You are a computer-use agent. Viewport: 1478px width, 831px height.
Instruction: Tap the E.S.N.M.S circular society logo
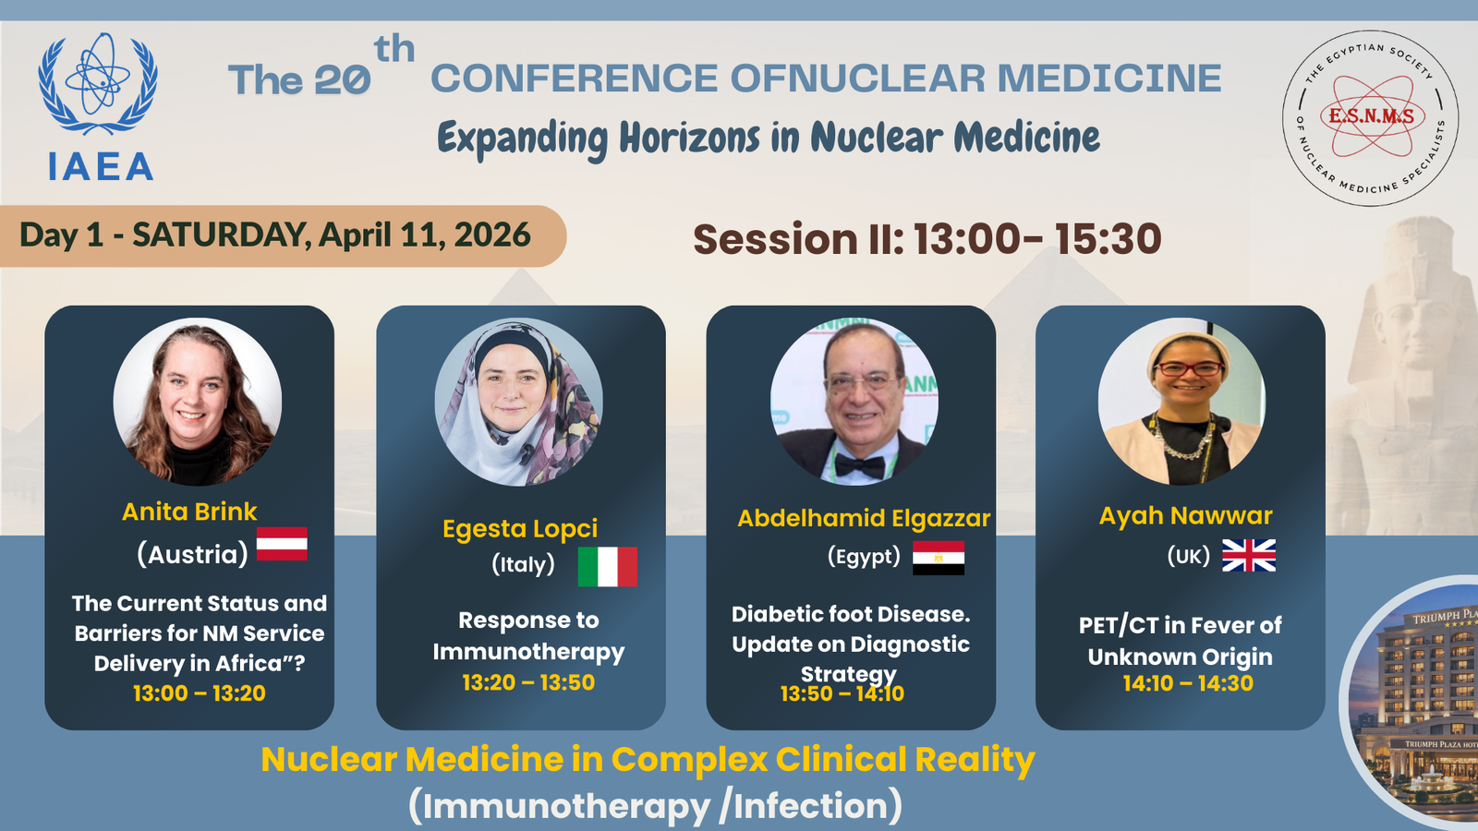(1371, 118)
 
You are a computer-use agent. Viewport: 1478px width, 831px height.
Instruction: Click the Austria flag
(282, 544)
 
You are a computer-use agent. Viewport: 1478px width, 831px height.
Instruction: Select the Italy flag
(607, 567)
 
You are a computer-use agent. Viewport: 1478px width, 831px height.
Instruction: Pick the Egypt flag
(939, 558)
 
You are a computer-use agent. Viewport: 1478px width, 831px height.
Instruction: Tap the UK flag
(1248, 555)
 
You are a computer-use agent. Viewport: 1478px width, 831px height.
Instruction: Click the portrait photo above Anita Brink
(198, 402)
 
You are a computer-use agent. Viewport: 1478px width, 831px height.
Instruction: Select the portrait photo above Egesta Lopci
(519, 403)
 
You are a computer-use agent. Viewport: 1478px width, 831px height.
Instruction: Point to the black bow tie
(859, 466)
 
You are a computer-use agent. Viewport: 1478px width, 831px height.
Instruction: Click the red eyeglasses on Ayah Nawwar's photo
(1191, 368)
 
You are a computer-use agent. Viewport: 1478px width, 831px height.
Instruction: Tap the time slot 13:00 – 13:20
(200, 693)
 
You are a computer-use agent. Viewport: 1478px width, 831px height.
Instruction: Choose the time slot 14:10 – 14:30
(1188, 683)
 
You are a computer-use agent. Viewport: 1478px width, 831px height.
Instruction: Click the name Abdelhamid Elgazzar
(864, 518)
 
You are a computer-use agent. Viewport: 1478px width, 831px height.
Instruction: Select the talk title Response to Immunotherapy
(528, 636)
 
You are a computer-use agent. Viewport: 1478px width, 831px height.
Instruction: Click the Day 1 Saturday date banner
(283, 236)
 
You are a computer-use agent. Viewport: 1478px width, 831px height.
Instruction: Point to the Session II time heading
(927, 238)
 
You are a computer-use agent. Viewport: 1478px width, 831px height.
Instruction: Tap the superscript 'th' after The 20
(394, 50)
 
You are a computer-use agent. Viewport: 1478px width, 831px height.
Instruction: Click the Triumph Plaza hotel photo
(1412, 703)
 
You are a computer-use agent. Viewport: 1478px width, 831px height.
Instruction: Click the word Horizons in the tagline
(689, 138)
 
